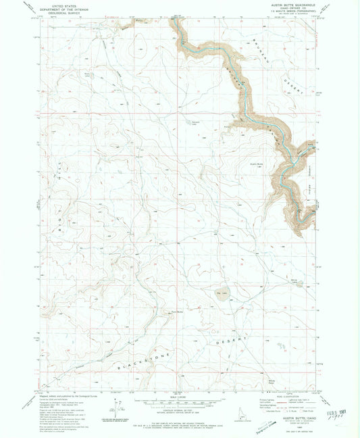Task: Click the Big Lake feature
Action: click(222, 293)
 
